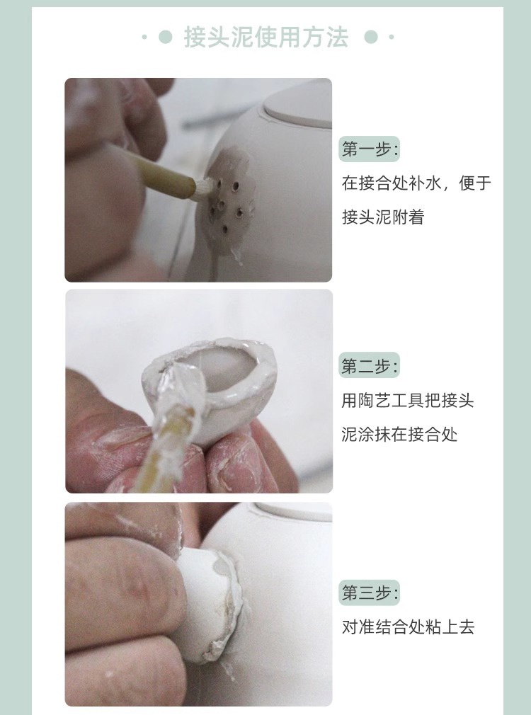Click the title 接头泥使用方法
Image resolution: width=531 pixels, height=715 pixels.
click(266, 37)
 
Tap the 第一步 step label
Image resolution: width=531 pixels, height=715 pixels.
click(369, 149)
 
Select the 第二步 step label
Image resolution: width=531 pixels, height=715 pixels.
click(369, 365)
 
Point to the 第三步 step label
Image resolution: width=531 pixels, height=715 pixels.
click(369, 593)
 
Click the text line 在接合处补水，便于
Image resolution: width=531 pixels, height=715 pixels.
click(416, 183)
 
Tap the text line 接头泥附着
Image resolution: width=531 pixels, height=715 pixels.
click(383, 217)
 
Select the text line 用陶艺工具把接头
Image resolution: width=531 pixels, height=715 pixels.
click(408, 400)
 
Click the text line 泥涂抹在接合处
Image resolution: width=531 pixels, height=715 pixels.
click(399, 434)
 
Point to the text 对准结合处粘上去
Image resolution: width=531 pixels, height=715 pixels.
click(409, 627)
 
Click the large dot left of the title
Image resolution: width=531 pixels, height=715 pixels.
click(165, 37)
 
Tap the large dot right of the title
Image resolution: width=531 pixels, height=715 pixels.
click(371, 37)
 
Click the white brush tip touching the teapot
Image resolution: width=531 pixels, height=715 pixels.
click(204, 186)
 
